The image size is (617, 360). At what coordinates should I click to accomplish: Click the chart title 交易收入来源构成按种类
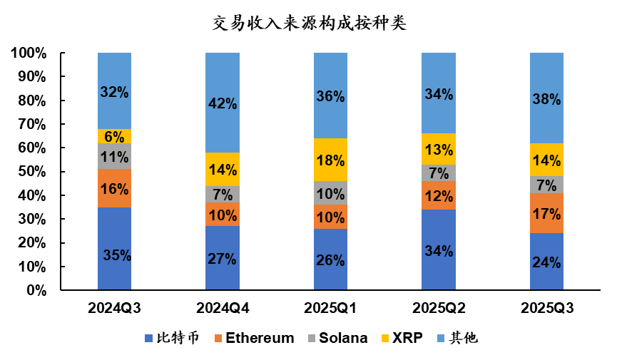(309, 23)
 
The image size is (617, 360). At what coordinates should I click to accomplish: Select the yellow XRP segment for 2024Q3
(114, 136)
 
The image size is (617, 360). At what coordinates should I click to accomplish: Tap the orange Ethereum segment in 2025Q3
(546, 213)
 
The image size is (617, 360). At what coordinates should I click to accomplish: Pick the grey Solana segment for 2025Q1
(330, 192)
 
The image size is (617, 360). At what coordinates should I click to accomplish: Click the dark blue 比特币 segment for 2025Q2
(438, 250)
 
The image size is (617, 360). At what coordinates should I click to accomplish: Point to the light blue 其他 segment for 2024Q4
(222, 103)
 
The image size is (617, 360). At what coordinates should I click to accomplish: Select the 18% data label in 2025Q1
(330, 160)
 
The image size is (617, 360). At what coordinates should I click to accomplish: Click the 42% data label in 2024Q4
(222, 103)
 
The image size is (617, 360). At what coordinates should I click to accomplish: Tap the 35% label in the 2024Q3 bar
(114, 254)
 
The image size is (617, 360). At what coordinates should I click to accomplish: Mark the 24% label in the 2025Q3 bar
(546, 262)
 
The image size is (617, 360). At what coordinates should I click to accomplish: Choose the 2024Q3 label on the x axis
(114, 309)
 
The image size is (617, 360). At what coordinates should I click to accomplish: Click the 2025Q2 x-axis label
(438, 309)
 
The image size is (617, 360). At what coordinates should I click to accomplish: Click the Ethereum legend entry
(254, 338)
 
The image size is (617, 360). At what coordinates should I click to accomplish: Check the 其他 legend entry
(457, 338)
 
